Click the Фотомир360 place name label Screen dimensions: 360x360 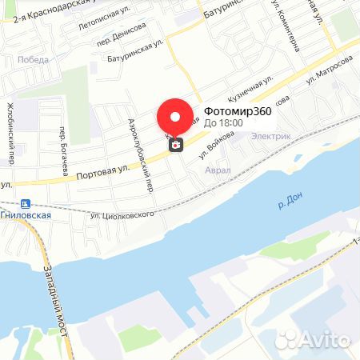coord(238,111)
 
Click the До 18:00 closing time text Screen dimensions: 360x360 coord(225,123)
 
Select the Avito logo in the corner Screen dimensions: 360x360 coord(323,340)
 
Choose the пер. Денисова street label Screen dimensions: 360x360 coord(121,34)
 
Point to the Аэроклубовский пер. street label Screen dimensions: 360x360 coord(140,151)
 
